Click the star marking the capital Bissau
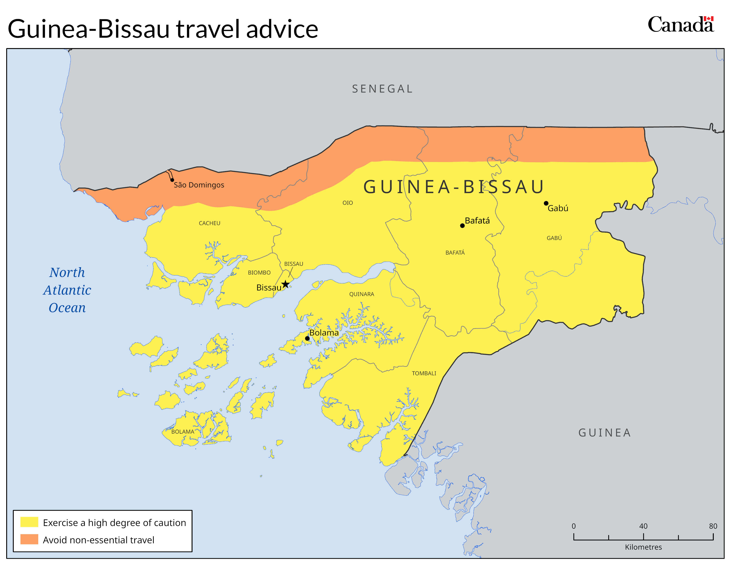285,284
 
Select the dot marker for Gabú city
546,203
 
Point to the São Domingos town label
199,185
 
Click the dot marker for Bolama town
307,338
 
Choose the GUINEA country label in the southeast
605,433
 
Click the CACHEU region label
210,223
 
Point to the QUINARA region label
362,294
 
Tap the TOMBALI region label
424,373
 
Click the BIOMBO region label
259,273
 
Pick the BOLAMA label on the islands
183,432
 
